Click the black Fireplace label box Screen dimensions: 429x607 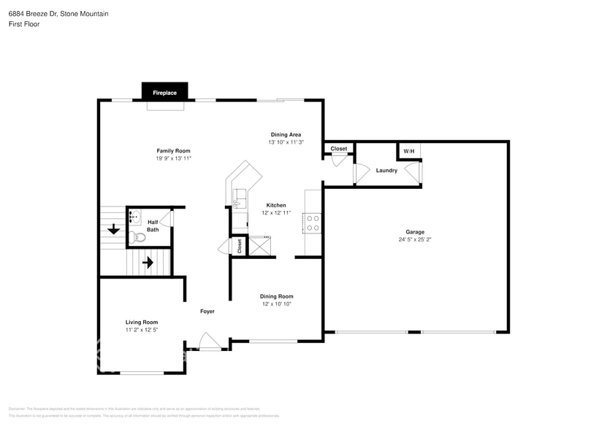click(x=164, y=93)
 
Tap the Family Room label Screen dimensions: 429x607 click(x=173, y=150)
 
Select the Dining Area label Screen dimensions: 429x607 click(x=286, y=134)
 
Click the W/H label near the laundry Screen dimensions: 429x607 click(x=408, y=151)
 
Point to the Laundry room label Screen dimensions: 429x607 click(x=386, y=171)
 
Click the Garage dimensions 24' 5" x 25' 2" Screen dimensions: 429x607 click(x=415, y=239)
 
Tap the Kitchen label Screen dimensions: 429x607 click(x=275, y=205)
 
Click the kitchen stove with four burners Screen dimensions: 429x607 click(x=313, y=223)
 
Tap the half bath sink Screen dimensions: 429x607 click(x=134, y=217)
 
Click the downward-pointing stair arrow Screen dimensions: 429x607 click(x=114, y=230)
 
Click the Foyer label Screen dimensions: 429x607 click(x=207, y=312)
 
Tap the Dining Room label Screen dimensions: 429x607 click(x=277, y=296)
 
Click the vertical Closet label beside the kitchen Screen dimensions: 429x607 click(x=239, y=246)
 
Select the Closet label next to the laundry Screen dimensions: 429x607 click(x=339, y=149)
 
